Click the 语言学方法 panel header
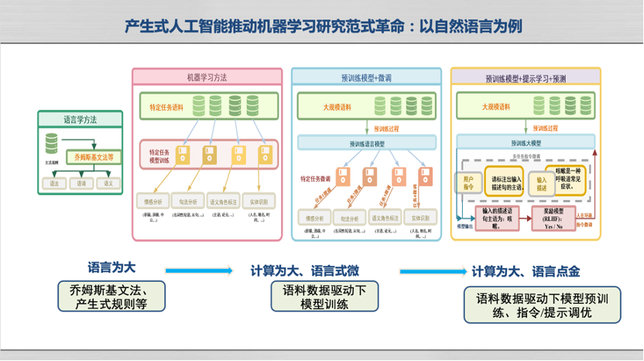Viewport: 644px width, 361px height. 80,119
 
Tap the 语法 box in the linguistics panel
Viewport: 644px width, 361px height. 53,184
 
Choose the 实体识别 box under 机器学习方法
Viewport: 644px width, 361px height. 259,198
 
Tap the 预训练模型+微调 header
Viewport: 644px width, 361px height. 366,77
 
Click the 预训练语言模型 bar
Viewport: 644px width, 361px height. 366,143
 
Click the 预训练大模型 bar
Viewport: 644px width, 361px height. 526,143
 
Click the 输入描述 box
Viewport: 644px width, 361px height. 542,183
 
